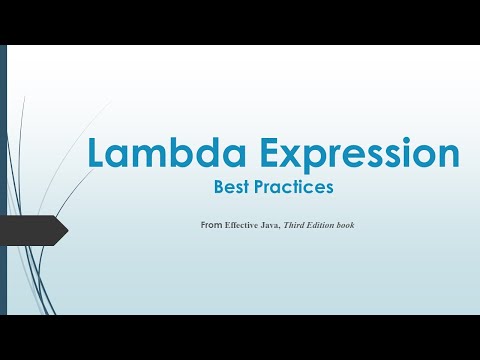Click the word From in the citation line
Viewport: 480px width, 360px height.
click(210, 225)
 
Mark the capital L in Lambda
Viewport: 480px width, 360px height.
click(96, 153)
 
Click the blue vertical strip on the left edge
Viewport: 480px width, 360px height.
click(4, 180)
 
